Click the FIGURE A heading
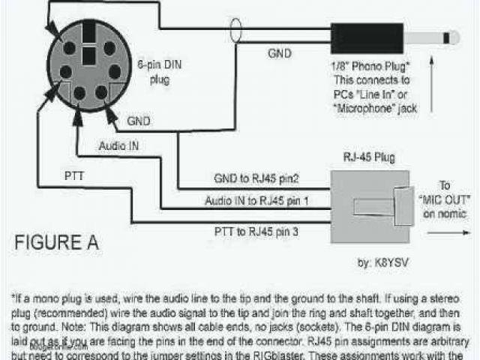pos(57,244)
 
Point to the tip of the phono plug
pos(454,37)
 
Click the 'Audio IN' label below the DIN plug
pos(118,145)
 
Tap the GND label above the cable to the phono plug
pos(280,53)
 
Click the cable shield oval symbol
pos(238,34)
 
